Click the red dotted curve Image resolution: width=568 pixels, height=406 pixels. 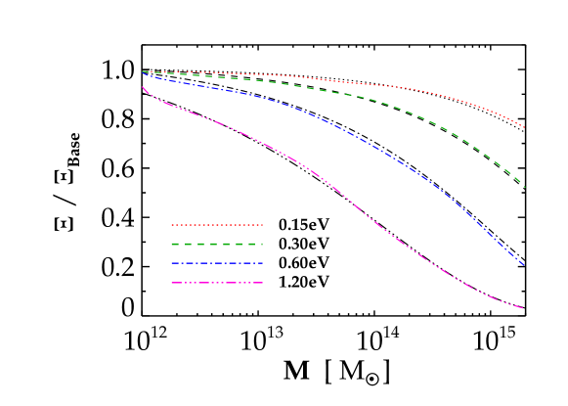tap(391, 86)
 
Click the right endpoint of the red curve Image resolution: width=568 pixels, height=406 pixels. tap(525, 128)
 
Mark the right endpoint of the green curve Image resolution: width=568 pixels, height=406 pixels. tap(525, 187)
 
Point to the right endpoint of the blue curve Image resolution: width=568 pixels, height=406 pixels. tap(525, 265)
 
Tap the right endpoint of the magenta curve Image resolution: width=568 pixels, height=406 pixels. tap(524, 308)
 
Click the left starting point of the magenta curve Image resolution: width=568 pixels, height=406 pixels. tap(143, 87)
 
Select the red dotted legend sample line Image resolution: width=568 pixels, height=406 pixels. tap(217, 225)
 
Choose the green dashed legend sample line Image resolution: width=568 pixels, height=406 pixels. tap(217, 244)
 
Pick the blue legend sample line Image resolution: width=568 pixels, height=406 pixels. tap(217, 263)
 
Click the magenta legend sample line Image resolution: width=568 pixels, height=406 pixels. tap(217, 283)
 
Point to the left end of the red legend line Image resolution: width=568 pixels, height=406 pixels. tap(172, 225)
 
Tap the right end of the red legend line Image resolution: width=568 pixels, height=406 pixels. tap(263, 225)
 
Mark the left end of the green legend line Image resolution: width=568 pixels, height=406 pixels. tap(172, 244)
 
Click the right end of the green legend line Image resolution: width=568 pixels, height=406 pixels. tap(263, 244)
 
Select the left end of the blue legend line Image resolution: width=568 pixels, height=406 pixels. tap(172, 263)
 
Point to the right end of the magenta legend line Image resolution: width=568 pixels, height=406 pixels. tap(263, 283)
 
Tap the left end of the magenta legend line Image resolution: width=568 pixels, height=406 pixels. tap(172, 283)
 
